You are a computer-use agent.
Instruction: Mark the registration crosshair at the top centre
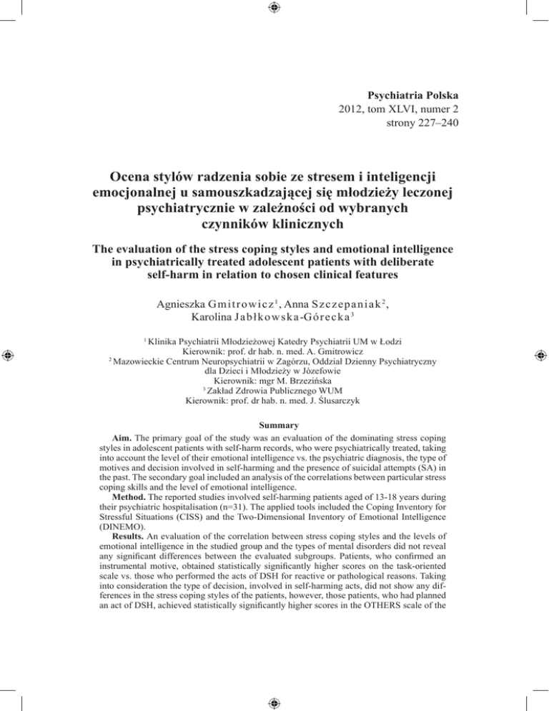[x=274, y=8]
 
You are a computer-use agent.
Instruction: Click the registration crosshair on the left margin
[x=8, y=355]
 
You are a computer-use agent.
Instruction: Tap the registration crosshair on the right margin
[x=540, y=355]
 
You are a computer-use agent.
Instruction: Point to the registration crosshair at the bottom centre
[x=274, y=702]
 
